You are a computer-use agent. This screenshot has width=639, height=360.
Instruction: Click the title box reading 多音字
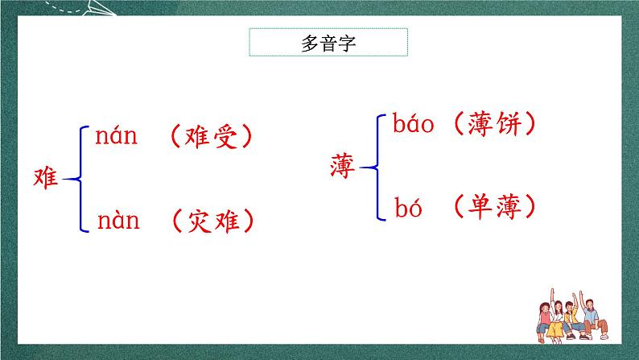click(x=328, y=43)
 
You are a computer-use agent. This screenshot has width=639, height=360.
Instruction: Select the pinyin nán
click(x=117, y=137)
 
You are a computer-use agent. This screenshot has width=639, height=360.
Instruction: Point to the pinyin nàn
click(x=117, y=219)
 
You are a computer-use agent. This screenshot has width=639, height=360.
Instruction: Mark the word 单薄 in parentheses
click(x=493, y=207)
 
